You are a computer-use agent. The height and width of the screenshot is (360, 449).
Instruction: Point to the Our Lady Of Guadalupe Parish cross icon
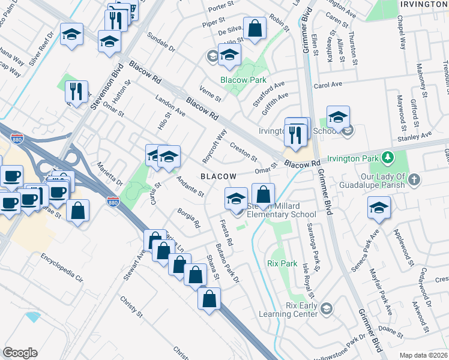[x=415, y=179]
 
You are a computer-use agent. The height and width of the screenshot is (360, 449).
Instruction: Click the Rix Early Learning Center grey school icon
[x=326, y=309]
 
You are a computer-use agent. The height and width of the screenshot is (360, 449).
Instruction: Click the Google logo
[x=20, y=353]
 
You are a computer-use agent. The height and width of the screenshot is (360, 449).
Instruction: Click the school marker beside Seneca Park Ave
[x=378, y=208]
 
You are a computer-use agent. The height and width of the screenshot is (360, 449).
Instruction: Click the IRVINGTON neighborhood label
[x=424, y=4]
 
